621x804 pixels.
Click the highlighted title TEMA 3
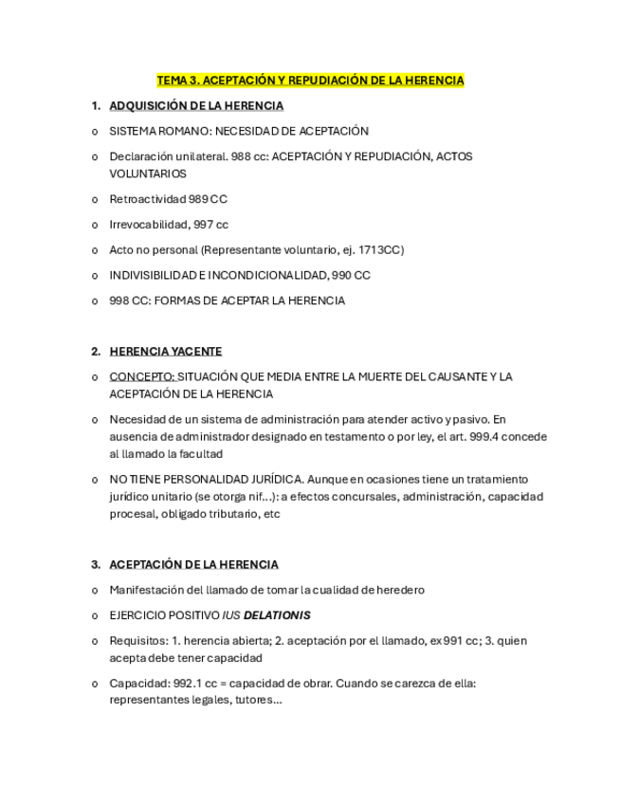[x=310, y=81]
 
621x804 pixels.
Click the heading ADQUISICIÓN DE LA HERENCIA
[x=196, y=105]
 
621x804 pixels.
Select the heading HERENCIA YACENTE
[x=165, y=351]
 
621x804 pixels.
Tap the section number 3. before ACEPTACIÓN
[x=96, y=564]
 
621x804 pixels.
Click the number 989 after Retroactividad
[x=198, y=199]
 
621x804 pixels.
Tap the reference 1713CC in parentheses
[x=381, y=250]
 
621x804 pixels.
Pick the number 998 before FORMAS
[x=119, y=301]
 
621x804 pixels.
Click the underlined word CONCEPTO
[x=141, y=376]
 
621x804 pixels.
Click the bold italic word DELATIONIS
[x=277, y=615]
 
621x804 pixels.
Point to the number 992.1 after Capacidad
[x=189, y=684]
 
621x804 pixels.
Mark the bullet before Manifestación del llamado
[x=95, y=590]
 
